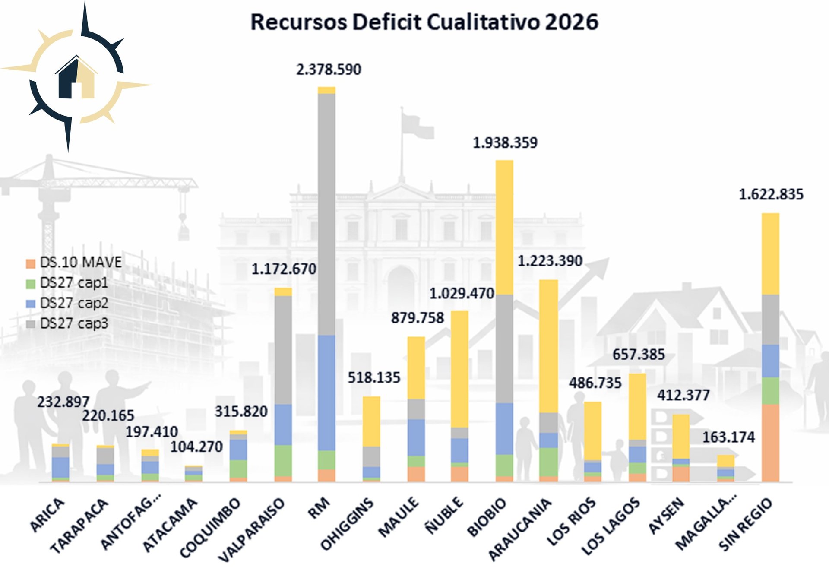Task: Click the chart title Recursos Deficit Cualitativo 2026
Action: pos(424,22)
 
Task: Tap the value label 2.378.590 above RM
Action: pos(329,70)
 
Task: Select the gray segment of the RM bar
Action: pos(326,214)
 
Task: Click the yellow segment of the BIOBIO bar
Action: pos(504,227)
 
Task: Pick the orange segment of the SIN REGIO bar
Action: pos(770,443)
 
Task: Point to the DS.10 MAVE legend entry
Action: pos(80,262)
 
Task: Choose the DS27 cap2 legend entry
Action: pos(73,303)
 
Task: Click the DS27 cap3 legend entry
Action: pos(73,323)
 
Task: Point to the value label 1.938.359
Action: pos(505,143)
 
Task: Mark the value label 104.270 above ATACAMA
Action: pos(196,446)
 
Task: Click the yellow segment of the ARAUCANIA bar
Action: pos(549,345)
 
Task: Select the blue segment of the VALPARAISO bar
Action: pos(283,424)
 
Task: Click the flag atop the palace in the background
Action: pos(416,125)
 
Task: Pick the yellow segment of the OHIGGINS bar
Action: pos(371,421)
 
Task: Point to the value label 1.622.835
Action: pos(771,195)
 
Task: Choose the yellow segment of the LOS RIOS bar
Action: pos(593,431)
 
